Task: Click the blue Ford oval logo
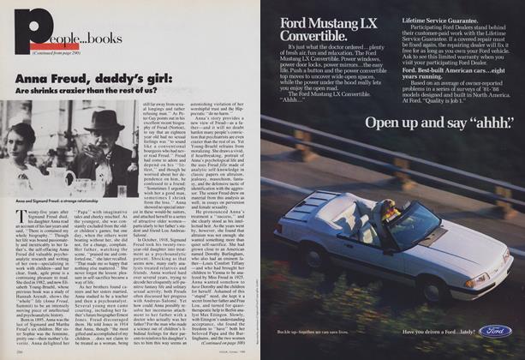pyautogui.click(x=496, y=331)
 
